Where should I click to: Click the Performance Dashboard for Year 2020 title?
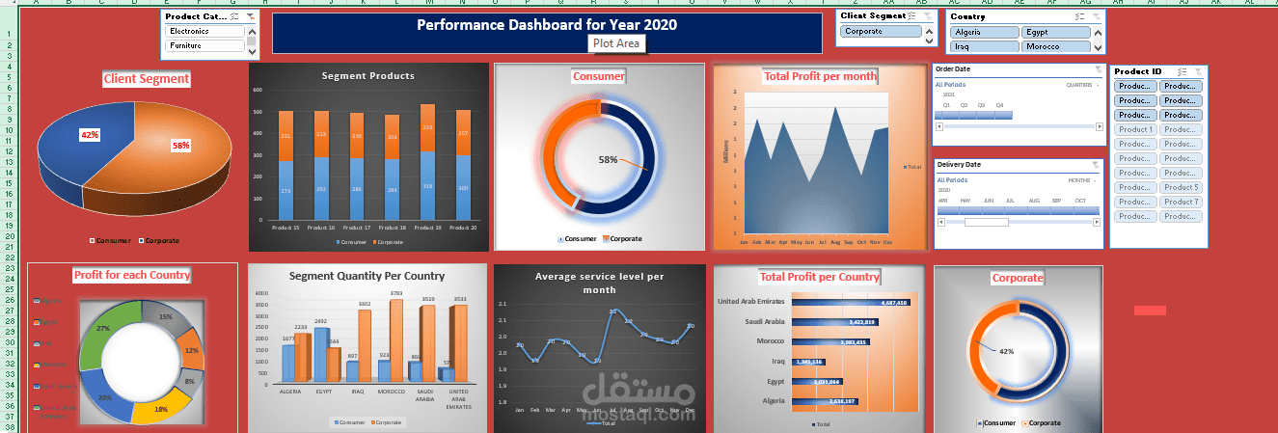547,25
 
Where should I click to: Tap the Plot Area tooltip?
616,43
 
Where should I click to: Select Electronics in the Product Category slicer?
204,31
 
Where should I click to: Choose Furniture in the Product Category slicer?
204,45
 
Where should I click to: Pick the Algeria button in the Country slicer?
984,32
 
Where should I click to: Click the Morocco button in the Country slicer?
1055,46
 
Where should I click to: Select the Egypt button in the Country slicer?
1055,32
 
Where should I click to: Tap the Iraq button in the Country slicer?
984,46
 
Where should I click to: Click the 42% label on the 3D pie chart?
90,135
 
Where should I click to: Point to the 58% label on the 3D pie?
180,146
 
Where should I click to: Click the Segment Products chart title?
367,75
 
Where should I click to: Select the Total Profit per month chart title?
819,76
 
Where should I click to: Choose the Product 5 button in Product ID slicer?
1181,187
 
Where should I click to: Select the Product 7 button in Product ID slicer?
1181,202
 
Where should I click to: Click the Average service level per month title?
599,283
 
